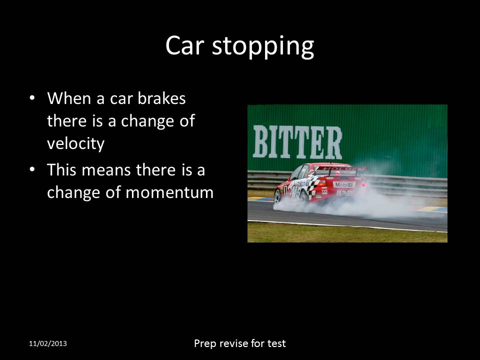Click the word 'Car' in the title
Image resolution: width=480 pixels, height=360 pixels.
pos(184,46)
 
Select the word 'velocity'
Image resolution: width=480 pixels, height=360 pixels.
pos(75,144)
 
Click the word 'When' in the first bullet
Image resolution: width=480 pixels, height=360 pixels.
pos(68,98)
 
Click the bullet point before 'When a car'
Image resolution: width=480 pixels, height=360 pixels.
pos(32,98)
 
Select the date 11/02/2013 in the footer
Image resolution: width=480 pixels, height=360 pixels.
pos(47,344)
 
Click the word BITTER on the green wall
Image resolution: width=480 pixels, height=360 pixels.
pos(297,142)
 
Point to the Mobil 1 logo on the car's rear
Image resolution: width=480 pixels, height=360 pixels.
pos(343,184)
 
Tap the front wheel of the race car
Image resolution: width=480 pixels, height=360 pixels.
pos(277,196)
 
